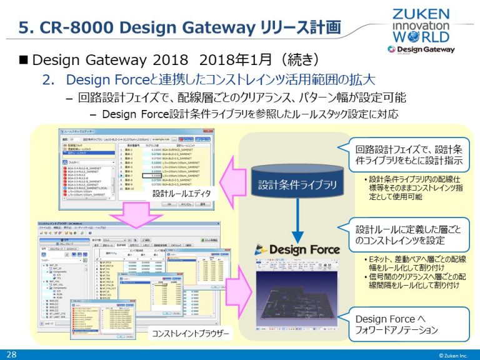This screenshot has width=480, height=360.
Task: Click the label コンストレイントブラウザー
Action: click(x=191, y=333)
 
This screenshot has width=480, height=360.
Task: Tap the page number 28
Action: click(x=11, y=354)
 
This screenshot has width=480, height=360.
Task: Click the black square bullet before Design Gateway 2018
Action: click(x=24, y=60)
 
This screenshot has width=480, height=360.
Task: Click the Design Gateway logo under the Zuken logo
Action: click(x=419, y=49)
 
